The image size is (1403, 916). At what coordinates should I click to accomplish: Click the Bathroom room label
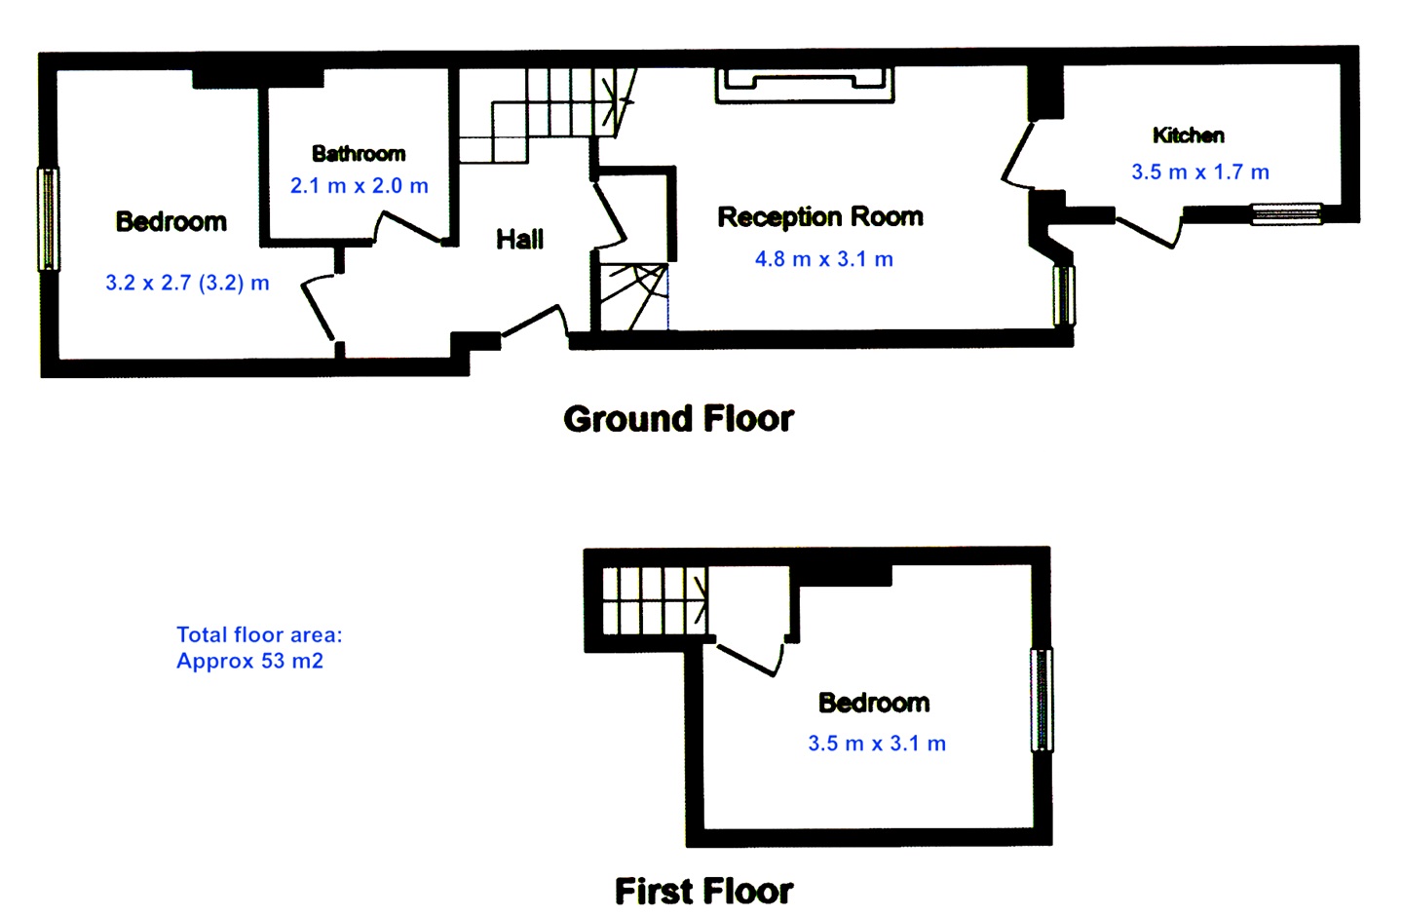(x=359, y=154)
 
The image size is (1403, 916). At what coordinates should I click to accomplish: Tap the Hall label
(x=519, y=239)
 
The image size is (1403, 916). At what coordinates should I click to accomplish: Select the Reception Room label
(x=820, y=216)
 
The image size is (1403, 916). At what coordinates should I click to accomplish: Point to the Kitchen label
(x=1188, y=135)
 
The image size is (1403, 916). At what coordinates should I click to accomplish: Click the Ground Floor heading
(x=678, y=419)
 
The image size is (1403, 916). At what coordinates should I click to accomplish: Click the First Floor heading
(x=703, y=891)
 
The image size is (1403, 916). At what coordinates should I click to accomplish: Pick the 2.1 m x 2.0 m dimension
(x=360, y=185)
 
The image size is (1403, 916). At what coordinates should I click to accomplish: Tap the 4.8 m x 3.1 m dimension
(x=824, y=259)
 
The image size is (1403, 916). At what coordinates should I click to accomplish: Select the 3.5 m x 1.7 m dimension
(x=1200, y=172)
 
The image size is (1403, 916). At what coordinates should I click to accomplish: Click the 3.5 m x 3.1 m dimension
(x=877, y=744)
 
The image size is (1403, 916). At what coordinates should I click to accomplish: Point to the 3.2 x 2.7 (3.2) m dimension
(x=187, y=284)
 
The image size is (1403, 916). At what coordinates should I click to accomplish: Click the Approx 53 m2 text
(x=249, y=661)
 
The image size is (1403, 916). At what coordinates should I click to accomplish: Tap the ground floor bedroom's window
(x=48, y=219)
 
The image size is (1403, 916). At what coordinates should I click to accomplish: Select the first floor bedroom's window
(x=1042, y=700)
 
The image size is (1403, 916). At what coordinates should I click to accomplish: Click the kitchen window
(x=1286, y=213)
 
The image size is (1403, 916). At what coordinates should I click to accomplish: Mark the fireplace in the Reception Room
(x=805, y=86)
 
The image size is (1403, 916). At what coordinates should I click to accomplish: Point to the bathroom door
(x=409, y=228)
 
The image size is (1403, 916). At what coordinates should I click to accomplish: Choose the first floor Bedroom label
(x=874, y=703)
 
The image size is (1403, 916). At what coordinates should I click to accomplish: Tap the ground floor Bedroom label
(x=171, y=222)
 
